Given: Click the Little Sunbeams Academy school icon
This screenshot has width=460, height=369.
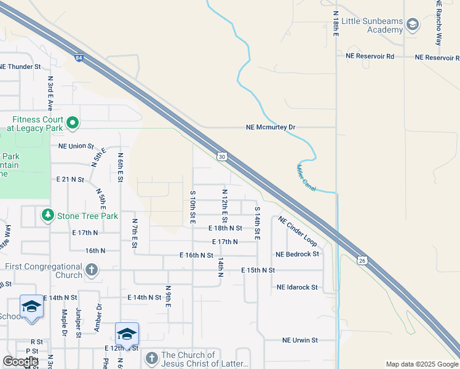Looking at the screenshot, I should click(x=413, y=25).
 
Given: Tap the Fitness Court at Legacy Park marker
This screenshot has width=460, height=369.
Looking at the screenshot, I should click(x=73, y=124).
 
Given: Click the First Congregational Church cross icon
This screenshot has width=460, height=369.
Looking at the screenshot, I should click(x=91, y=269).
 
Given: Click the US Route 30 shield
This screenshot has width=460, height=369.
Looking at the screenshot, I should click(x=222, y=157).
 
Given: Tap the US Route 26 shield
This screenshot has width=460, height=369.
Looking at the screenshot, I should click(x=363, y=261).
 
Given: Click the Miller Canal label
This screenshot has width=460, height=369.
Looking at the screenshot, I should click(x=306, y=178).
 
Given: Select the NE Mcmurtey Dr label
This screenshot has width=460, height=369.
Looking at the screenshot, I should click(x=271, y=127).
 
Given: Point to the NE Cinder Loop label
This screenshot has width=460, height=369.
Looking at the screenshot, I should click(x=297, y=231).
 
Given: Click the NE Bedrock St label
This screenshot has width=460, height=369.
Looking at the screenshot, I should click(x=298, y=254).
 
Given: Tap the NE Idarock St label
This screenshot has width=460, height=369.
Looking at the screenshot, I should click(x=297, y=287).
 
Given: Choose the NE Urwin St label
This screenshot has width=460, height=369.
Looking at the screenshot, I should click(x=299, y=340).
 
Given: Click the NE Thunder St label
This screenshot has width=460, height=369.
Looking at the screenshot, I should click(x=20, y=66).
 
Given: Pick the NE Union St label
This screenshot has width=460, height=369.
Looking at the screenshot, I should click(x=76, y=146).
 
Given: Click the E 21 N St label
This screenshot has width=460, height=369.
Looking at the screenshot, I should click(x=69, y=180).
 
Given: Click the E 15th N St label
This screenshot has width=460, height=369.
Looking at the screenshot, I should click(x=258, y=270).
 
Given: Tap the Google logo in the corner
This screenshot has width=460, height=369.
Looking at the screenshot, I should click(x=20, y=362).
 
